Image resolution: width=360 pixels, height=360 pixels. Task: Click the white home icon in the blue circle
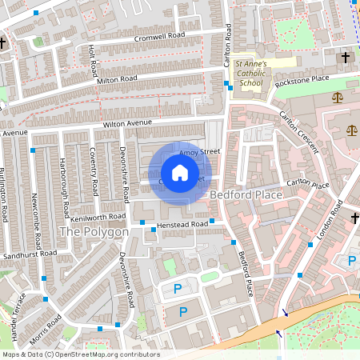tap(180, 173)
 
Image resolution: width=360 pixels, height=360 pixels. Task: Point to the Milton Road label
tap(117, 79)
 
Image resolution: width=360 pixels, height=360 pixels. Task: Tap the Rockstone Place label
tap(302, 80)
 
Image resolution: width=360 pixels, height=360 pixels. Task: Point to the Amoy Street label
tap(198, 151)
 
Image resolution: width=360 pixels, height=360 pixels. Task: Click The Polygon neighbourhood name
tap(94, 232)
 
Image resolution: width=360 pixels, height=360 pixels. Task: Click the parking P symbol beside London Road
tap(351, 260)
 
